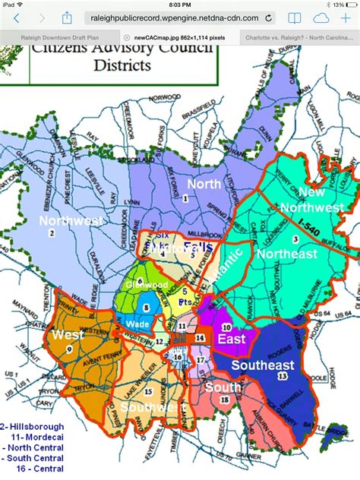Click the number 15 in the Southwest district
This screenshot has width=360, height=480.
click(x=147, y=391)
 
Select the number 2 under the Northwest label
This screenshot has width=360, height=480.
click(x=52, y=232)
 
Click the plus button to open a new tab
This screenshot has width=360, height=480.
click(x=347, y=17)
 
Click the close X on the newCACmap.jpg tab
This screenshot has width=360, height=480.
click(x=126, y=36)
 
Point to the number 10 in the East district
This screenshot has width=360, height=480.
click(x=226, y=327)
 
